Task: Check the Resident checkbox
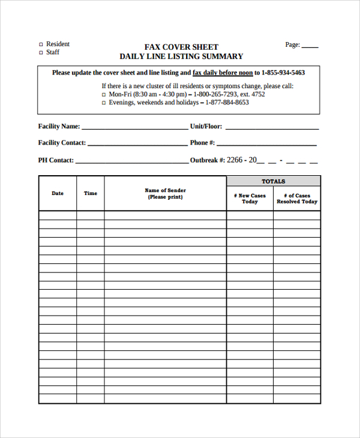coord(41,44)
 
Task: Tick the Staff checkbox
coord(41,53)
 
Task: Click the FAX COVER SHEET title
coord(181,47)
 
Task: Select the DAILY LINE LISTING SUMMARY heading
coord(181,56)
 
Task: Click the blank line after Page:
coord(310,46)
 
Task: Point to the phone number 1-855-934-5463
coord(283,73)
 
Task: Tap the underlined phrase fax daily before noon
coord(223,73)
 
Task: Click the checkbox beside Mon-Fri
coord(104,95)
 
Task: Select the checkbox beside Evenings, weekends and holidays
coord(104,103)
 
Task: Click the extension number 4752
coord(257,94)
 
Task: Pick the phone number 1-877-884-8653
coord(227,103)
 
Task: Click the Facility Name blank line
coord(134,128)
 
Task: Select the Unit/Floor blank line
coord(272,128)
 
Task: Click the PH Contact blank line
coord(131,162)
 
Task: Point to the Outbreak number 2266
coord(235,160)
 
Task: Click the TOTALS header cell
coord(274,181)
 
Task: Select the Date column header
coord(58,193)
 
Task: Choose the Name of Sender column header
coord(165,194)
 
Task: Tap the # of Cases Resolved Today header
coord(297,199)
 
